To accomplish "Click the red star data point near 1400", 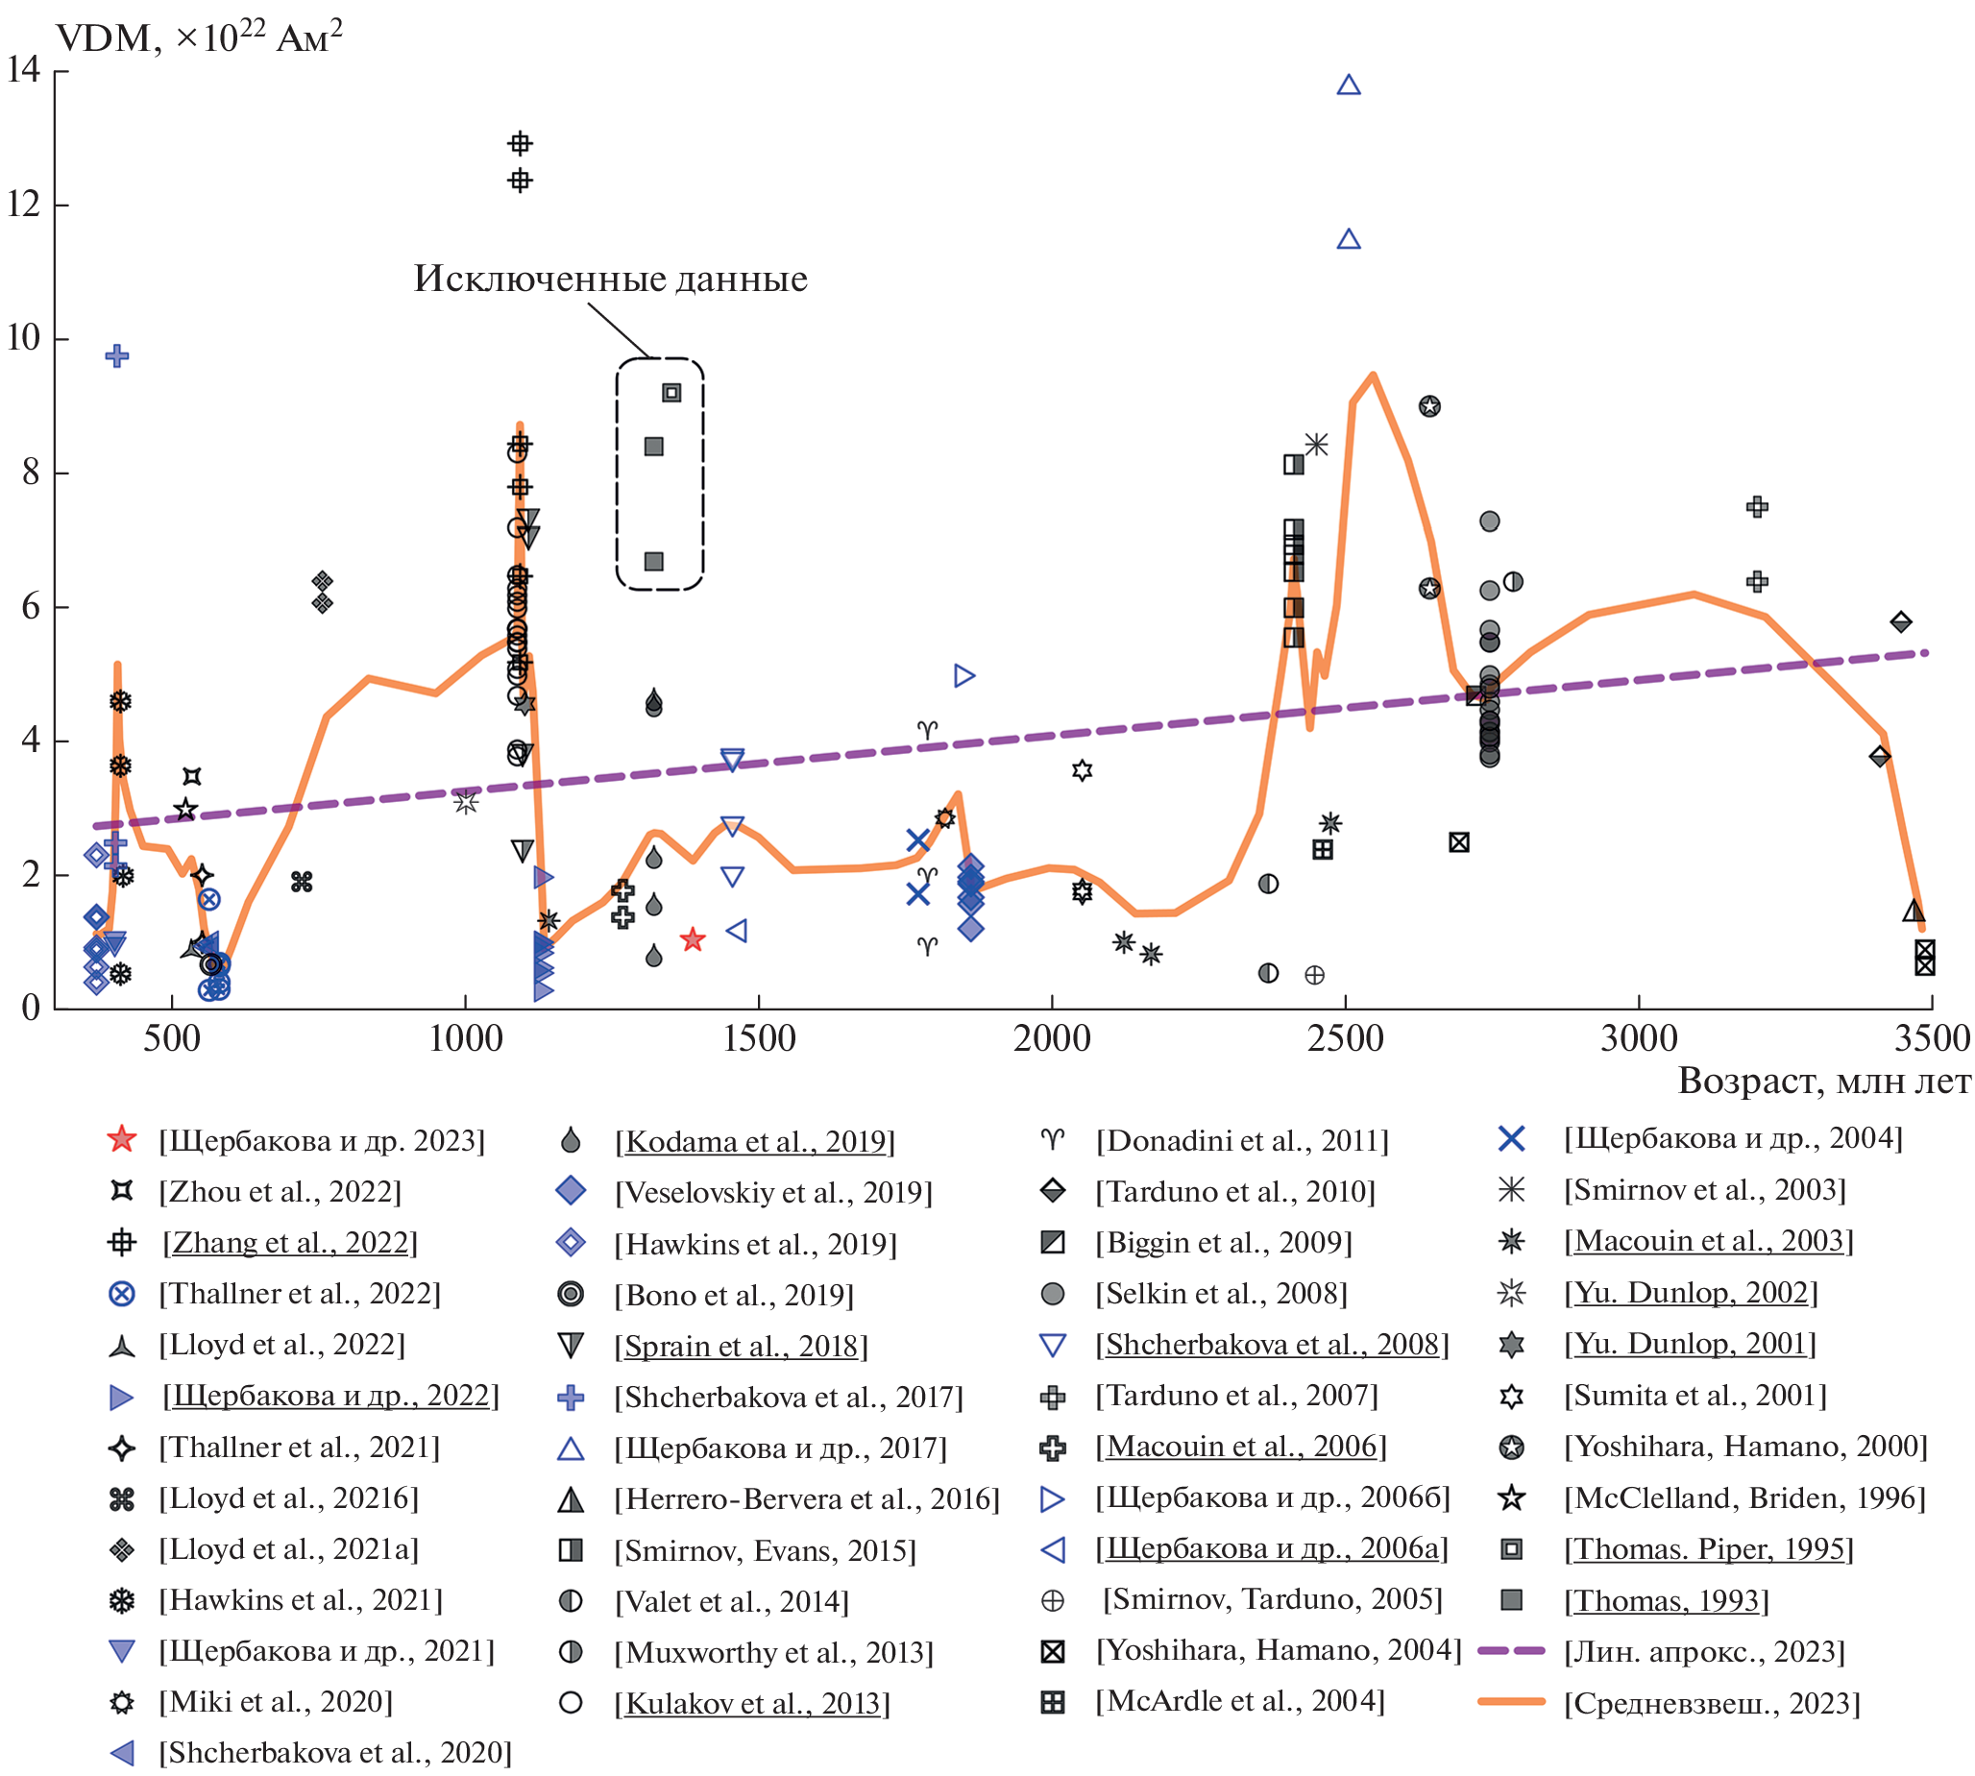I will click(x=693, y=939).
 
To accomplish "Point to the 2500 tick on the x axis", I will click(x=1346, y=1038).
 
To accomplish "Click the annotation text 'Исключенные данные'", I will click(x=610, y=280).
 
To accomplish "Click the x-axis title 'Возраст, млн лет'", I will click(x=1823, y=1082).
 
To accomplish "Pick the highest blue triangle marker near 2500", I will click(x=1349, y=85).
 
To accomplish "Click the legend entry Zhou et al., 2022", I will click(x=280, y=1191).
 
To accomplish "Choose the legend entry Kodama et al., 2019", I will click(x=754, y=1141).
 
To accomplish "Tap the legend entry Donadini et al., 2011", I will click(x=1241, y=1140).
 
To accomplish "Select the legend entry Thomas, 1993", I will click(x=1666, y=1600).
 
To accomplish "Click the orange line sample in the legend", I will click(x=1511, y=1701).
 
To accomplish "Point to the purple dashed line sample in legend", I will click(x=1511, y=1650).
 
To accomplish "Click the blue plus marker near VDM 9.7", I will click(x=117, y=355).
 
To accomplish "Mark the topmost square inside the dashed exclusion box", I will click(x=671, y=392).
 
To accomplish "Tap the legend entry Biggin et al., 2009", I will click(x=1224, y=1242).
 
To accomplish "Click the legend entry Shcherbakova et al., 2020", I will click(x=334, y=1753).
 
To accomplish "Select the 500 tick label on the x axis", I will click(x=172, y=1038).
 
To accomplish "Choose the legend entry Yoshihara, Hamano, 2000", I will click(x=1744, y=1447).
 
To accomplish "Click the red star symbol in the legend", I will click(x=121, y=1139).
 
